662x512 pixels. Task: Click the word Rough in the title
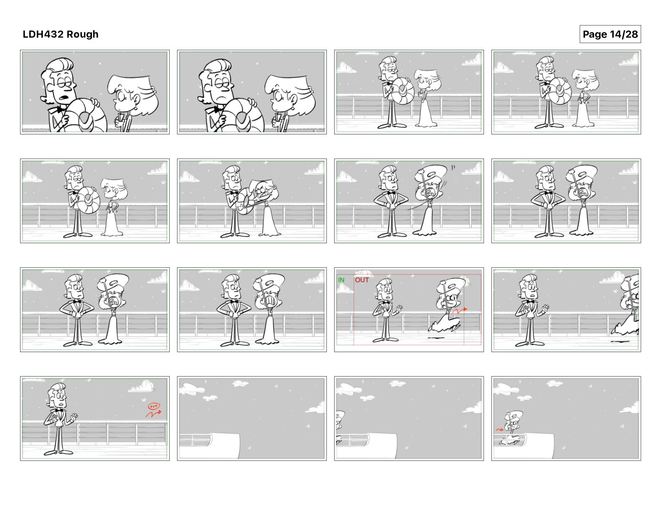click(83, 34)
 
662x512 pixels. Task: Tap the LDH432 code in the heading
click(43, 34)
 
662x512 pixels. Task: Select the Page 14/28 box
click(610, 34)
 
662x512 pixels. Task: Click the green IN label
click(341, 280)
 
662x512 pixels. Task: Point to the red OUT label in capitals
click(362, 280)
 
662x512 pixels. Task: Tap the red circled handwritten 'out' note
click(153, 406)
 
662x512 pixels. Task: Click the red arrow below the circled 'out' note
click(153, 414)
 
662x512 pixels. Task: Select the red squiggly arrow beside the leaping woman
click(459, 311)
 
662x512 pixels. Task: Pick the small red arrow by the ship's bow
click(499, 430)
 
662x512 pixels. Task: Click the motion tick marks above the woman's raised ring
click(453, 167)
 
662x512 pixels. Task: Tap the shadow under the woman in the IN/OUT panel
click(436, 338)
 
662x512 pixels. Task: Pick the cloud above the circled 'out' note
click(141, 387)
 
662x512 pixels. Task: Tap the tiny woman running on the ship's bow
click(512, 428)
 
